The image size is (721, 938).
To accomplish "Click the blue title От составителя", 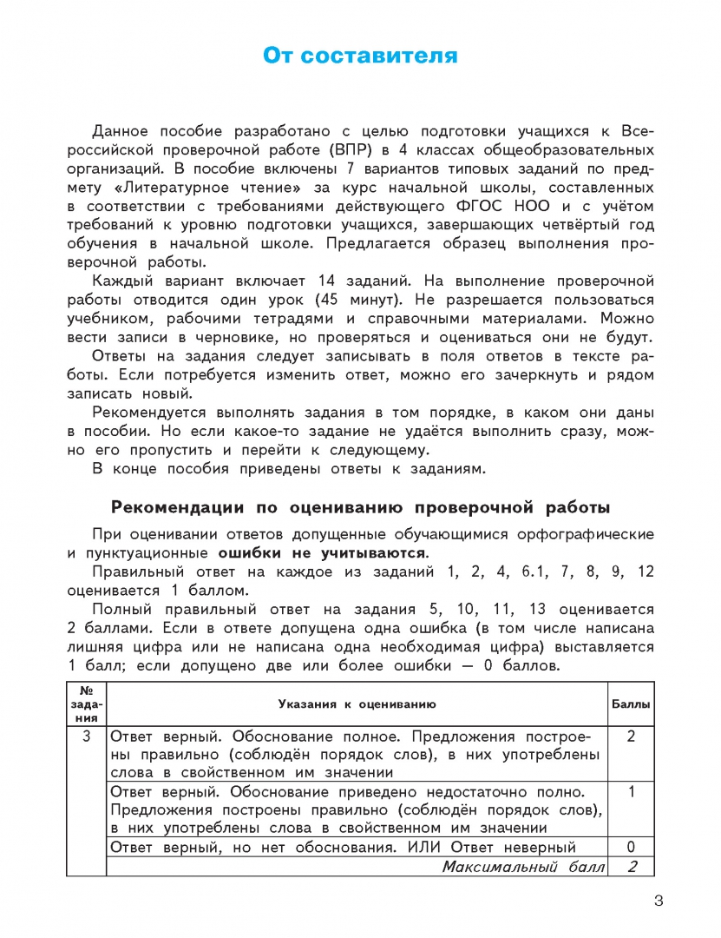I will point(360,56).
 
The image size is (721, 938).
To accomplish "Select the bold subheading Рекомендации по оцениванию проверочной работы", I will point(361,507).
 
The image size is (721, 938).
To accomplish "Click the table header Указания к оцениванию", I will point(357,703).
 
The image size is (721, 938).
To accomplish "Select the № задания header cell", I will point(86,703).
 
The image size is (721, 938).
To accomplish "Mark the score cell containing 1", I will point(632,791).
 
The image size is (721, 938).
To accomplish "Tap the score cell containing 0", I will point(632,847).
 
